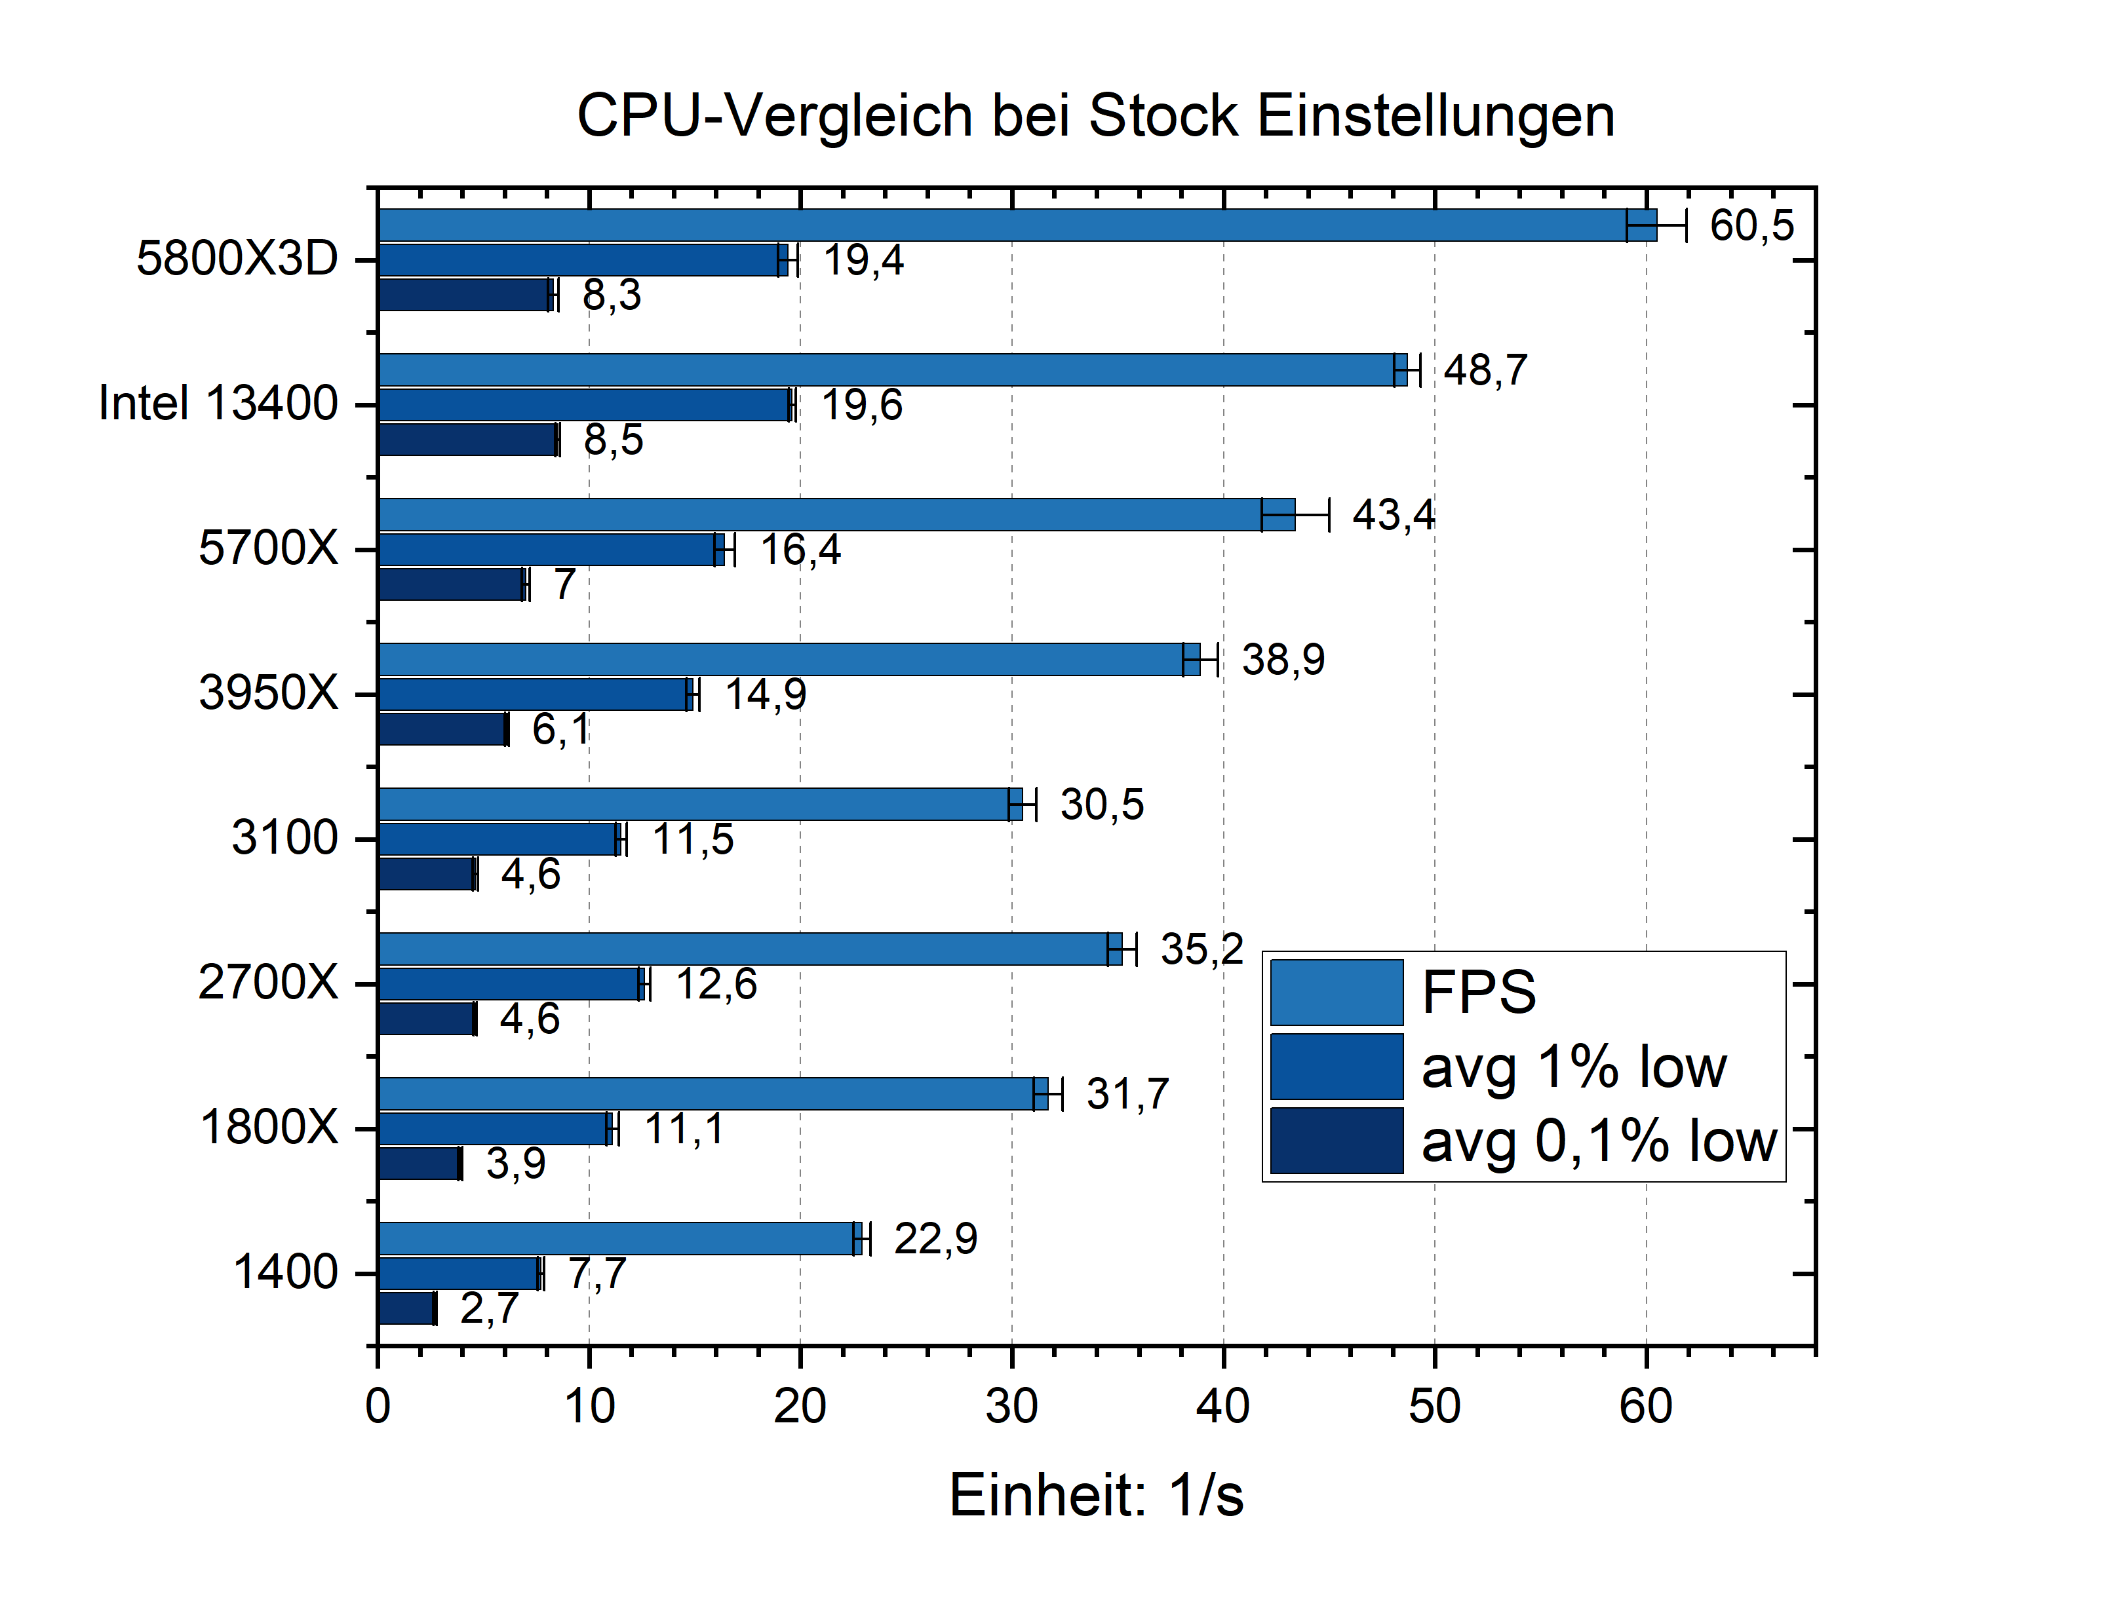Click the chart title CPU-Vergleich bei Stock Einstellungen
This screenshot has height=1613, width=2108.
pyautogui.click(x=1094, y=116)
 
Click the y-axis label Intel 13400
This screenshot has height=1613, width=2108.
pyautogui.click(x=218, y=404)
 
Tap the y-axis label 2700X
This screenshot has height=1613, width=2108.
pyautogui.click(x=268, y=983)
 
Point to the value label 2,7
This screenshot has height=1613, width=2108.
pyautogui.click(x=489, y=1308)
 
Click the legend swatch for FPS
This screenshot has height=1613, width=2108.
pyautogui.click(x=1335, y=992)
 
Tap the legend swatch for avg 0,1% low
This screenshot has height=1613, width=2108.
pyautogui.click(x=1335, y=1141)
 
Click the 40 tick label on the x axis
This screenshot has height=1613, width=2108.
pyautogui.click(x=1222, y=1407)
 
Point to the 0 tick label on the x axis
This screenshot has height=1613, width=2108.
pyautogui.click(x=378, y=1407)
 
